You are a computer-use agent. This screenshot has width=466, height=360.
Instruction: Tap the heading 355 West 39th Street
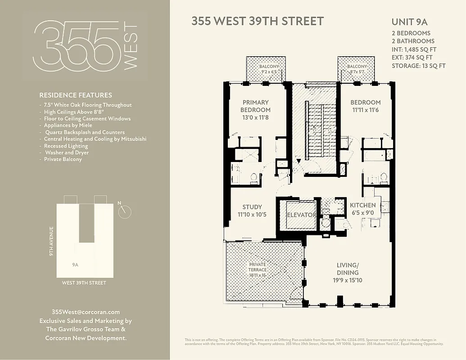258,21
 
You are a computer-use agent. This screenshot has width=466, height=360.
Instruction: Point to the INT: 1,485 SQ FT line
414,49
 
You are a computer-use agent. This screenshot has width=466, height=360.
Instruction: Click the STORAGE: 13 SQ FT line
418,66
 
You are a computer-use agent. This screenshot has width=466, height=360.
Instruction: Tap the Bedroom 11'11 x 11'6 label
366,106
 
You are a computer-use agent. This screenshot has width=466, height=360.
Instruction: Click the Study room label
252,211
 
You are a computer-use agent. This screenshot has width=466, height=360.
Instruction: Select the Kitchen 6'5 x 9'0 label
363,209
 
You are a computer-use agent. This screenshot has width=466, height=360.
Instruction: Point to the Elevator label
301,215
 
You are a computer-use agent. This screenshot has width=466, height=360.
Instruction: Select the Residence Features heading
76,95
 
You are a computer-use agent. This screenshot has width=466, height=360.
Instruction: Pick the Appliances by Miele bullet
68,125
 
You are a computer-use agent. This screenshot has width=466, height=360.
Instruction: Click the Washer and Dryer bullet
67,153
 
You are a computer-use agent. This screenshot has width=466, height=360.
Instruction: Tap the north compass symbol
125,211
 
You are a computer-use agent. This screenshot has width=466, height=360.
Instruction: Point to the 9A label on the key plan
75,265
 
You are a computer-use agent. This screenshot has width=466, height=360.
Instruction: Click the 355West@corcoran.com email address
86,312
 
